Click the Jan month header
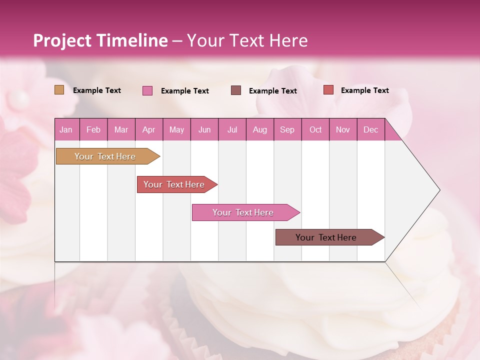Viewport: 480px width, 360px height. coord(66,129)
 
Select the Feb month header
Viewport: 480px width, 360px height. coord(93,129)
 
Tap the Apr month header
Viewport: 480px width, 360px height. coord(148,129)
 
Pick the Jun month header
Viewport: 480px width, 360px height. coord(204,129)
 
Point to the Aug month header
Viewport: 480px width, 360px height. coord(259,129)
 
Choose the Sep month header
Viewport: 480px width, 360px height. coord(287,129)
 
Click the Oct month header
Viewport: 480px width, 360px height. coord(315,129)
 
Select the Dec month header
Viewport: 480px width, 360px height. coord(370,129)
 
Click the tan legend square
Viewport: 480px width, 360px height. coord(59,90)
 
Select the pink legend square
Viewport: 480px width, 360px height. coord(147,90)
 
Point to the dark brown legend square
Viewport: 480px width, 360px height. coord(236,90)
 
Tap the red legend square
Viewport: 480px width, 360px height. coord(328,90)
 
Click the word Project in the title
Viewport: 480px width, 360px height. coord(62,40)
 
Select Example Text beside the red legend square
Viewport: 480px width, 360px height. coord(364,90)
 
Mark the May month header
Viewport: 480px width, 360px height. coord(176,129)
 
